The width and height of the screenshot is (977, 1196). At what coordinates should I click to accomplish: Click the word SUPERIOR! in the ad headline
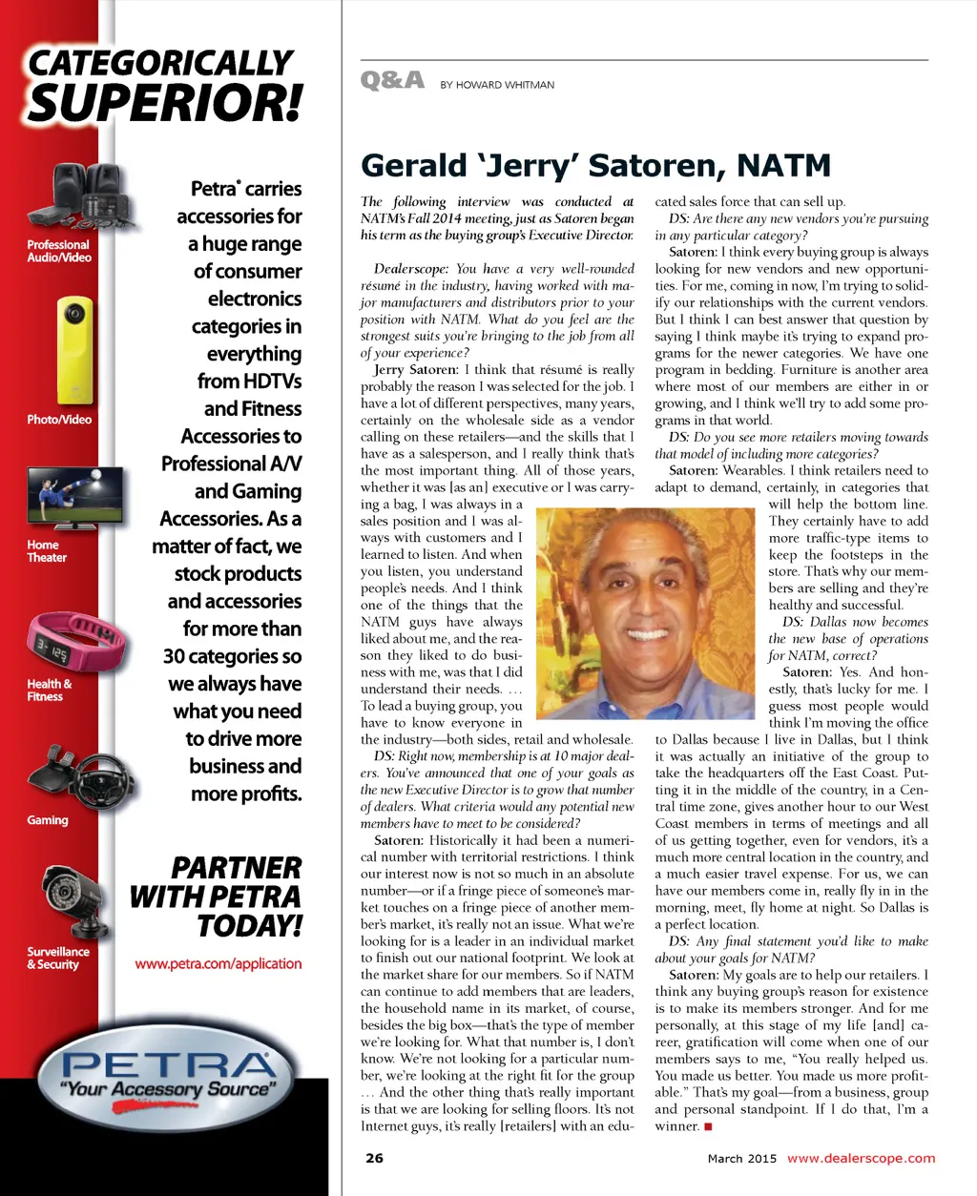click(x=164, y=103)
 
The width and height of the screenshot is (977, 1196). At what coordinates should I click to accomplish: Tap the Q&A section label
click(x=392, y=81)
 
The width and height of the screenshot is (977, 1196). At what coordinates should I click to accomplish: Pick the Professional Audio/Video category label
click(x=59, y=251)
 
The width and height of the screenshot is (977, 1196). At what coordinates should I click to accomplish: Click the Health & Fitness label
click(x=50, y=690)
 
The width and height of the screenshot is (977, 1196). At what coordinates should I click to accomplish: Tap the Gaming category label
click(x=48, y=820)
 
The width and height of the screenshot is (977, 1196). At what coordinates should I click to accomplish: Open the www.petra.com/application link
click(x=218, y=963)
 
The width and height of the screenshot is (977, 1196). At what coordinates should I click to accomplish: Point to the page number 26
click(x=374, y=1158)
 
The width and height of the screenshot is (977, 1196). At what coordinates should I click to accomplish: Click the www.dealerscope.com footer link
click(x=861, y=1158)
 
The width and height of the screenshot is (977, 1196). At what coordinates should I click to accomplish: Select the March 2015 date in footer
click(x=742, y=1159)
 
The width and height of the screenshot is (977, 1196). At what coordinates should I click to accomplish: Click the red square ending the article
click(x=708, y=1126)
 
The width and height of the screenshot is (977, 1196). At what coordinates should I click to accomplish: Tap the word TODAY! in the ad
click(x=249, y=925)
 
